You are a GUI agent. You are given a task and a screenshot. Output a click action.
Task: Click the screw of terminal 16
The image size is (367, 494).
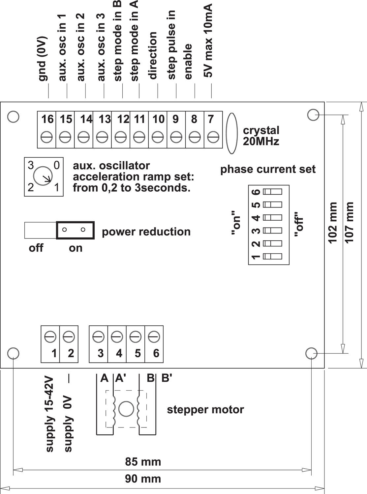pos(47,136)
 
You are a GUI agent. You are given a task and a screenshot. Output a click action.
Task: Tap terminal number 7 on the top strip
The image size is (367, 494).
pos(211,119)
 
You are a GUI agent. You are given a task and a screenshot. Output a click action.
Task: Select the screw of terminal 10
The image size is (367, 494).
pos(158,136)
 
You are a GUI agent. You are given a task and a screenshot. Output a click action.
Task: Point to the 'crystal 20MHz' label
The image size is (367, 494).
pos(261,136)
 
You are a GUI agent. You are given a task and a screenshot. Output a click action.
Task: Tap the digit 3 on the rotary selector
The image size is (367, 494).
pos(31,165)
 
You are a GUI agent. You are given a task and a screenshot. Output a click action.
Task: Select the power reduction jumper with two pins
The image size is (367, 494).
pos(76,230)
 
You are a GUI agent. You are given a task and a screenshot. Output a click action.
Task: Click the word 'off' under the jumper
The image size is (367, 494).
pos(36,248)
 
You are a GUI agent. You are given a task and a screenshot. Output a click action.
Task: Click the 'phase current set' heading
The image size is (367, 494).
pos(268,169)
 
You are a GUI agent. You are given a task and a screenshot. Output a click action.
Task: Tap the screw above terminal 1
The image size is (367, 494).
pos(50,337)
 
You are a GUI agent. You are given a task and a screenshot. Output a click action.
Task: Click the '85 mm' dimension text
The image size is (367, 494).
pos(143,462)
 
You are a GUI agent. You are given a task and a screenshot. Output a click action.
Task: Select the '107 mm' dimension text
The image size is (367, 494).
pos(350,223)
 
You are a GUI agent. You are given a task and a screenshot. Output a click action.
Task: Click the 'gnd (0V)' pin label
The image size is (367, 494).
pos(43,59)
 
